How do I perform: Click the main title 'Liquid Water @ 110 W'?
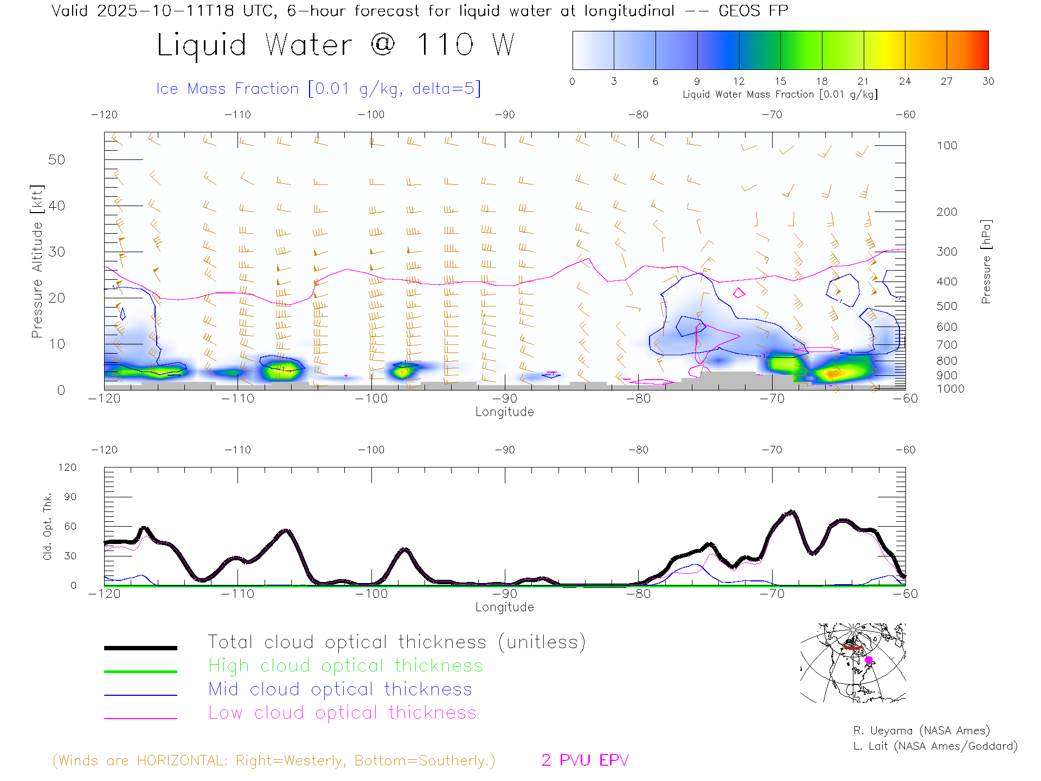tap(335, 44)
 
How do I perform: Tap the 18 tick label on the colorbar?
tap(821, 81)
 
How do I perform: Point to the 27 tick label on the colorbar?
tap(946, 81)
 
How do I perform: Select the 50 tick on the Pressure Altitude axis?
tap(56, 159)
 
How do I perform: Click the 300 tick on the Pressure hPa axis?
tap(947, 252)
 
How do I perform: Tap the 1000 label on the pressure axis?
tap(950, 389)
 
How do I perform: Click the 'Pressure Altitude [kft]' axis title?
tap(37, 261)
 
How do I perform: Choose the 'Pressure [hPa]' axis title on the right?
tap(986, 261)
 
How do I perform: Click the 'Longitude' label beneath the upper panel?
tap(504, 412)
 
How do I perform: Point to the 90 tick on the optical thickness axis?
tap(70, 497)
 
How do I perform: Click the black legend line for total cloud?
tap(140, 648)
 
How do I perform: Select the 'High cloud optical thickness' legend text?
tap(345, 665)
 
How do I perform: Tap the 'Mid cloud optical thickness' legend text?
tap(340, 689)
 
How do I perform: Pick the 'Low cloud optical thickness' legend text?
tap(342, 713)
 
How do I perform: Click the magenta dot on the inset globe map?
tap(869, 660)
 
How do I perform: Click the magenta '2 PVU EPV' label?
tap(584, 760)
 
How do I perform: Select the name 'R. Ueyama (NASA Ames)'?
tap(921, 731)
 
